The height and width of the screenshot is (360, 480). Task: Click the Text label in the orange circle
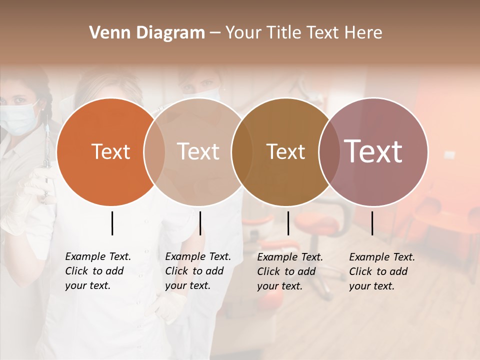coord(110,151)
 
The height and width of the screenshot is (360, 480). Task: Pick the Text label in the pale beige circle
coord(198,151)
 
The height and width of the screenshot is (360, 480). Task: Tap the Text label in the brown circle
coord(285,151)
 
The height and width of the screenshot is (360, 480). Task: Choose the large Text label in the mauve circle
coord(373,151)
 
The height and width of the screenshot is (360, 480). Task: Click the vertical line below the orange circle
coord(112,223)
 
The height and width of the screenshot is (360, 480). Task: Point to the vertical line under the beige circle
coord(200,223)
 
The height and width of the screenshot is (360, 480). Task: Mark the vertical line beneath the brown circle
coord(288,223)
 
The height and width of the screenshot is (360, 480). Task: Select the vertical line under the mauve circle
coord(372,223)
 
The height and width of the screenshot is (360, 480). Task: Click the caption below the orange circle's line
coord(97,271)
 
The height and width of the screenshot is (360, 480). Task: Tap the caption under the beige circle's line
coord(197,271)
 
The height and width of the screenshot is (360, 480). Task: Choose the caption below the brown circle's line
coord(289,271)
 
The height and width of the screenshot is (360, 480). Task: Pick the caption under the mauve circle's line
coord(381,271)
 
